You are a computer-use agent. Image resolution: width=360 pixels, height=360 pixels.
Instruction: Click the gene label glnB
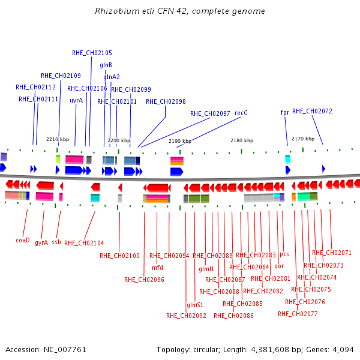[x=106, y=65]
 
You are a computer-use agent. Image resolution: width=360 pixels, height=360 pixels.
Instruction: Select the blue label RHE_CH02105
[x=92, y=53]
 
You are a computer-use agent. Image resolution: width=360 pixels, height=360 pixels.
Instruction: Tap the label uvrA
[x=76, y=101]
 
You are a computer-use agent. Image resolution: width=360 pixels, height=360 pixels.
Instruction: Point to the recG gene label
[x=241, y=113]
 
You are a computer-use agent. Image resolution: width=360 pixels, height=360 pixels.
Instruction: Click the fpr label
[x=285, y=112]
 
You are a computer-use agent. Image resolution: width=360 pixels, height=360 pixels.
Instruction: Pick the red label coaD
[x=23, y=240]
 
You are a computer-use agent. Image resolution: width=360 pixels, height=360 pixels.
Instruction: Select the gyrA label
[x=41, y=242]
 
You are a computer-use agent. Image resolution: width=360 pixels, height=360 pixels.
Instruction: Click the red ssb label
[x=56, y=242]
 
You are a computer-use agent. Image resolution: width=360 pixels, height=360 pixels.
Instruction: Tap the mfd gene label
[x=157, y=268]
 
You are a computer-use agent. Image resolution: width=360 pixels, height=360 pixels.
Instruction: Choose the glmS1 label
[x=195, y=305]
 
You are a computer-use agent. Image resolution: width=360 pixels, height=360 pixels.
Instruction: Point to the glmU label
[x=206, y=269]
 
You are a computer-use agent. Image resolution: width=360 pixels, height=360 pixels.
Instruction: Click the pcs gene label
[x=284, y=254]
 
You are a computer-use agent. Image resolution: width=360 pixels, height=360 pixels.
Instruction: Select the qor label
[x=279, y=266]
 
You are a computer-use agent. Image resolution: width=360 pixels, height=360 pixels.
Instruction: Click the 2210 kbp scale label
[x=58, y=139]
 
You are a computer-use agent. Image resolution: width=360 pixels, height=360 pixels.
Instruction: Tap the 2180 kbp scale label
[x=242, y=140]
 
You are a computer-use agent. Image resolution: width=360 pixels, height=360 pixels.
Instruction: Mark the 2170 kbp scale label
[x=303, y=139]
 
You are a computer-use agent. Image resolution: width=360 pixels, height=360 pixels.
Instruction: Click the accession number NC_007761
[x=65, y=350]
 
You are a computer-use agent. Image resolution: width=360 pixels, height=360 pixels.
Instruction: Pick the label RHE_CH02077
[x=298, y=314]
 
